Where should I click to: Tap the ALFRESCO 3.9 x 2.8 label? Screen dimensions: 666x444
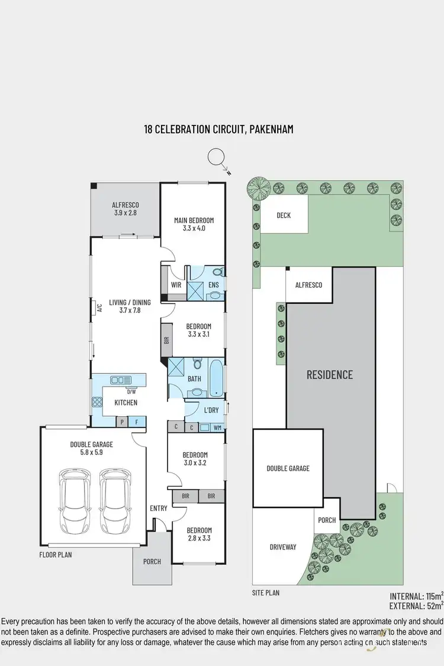pyautogui.click(x=125, y=208)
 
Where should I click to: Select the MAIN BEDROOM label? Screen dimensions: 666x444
pyautogui.click(x=194, y=224)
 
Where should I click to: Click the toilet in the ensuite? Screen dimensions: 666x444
pyautogui.click(x=217, y=272)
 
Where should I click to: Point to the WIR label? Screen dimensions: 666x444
pyautogui.click(x=176, y=285)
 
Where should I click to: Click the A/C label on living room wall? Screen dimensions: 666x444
pyautogui.click(x=99, y=307)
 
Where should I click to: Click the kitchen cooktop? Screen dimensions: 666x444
pyautogui.click(x=97, y=403)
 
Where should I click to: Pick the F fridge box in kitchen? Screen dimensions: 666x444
pyautogui.click(x=137, y=422)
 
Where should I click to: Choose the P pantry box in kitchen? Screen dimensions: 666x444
pyautogui.click(x=122, y=422)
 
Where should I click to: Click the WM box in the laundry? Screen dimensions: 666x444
pyautogui.click(x=218, y=427)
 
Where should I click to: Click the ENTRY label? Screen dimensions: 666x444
pyautogui.click(x=159, y=508)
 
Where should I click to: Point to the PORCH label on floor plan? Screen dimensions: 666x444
pyautogui.click(x=152, y=561)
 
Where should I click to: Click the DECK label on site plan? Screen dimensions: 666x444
pyautogui.click(x=284, y=215)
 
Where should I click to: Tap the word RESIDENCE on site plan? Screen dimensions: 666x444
pyautogui.click(x=329, y=375)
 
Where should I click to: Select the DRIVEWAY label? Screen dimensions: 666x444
pyautogui.click(x=283, y=547)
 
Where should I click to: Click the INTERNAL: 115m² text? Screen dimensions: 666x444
pyautogui.click(x=414, y=596)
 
